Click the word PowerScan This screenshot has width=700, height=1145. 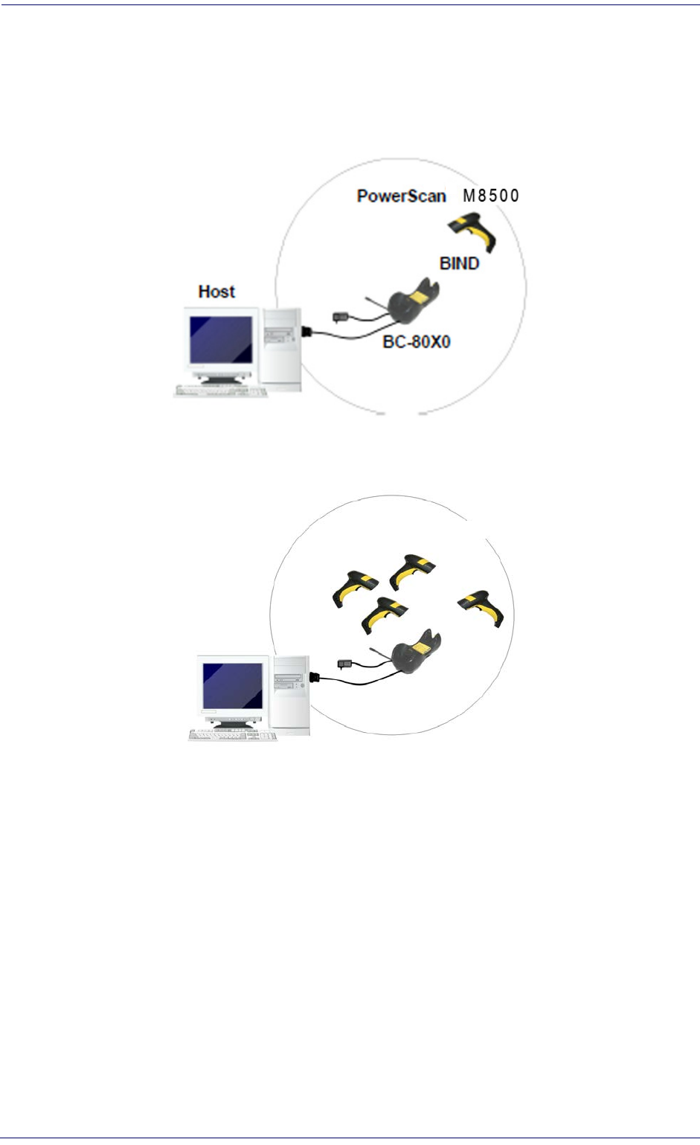pos(401,196)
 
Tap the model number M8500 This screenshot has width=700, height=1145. pos(491,195)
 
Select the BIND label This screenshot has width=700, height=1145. pos(459,263)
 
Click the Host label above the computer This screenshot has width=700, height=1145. pos(216,292)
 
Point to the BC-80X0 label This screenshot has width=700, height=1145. pos(417,341)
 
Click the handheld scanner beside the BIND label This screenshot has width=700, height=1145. pos(473,231)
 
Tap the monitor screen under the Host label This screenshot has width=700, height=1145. pos(221,339)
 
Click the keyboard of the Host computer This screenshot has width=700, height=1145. pos(221,391)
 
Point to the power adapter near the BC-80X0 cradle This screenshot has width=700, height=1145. pos(340,318)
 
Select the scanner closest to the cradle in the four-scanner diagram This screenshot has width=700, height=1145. pos(384,615)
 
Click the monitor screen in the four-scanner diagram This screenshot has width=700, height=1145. pos(233,686)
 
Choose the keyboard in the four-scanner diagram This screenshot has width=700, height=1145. pos(233,736)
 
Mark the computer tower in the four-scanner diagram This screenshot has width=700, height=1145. pos(292,695)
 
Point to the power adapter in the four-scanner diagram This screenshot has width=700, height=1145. pos(344,664)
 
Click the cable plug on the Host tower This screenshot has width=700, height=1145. pos(306,332)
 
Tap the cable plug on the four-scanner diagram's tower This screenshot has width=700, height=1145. pos(315,678)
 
